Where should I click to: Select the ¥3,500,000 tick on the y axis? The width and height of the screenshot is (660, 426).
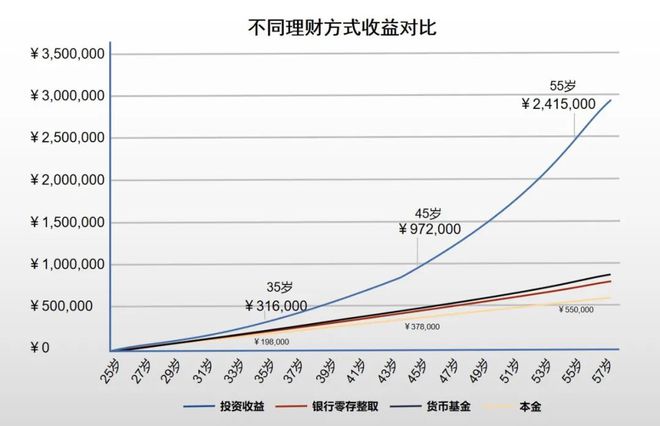pos(57,55)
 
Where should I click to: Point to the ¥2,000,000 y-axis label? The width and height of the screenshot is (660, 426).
pos(57,181)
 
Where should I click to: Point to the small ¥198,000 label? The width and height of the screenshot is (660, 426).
pos(272,342)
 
